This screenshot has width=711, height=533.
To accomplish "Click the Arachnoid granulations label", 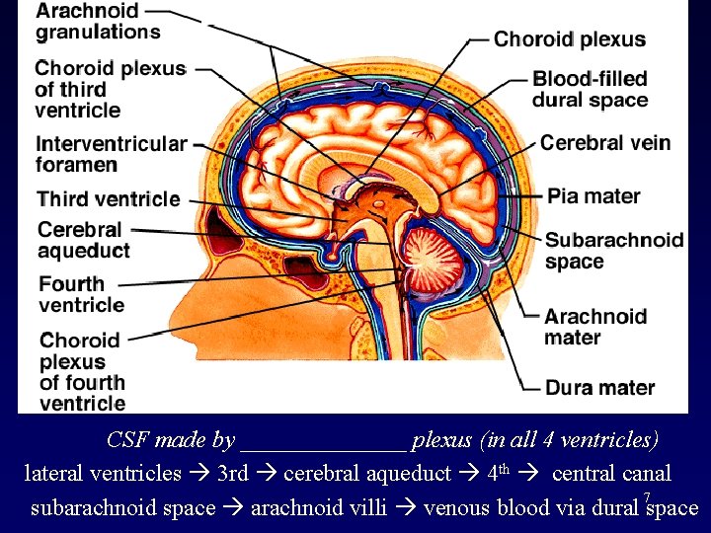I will (97, 21).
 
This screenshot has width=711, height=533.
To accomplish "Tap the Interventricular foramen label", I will (111, 153).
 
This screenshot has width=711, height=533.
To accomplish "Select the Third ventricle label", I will (109, 198).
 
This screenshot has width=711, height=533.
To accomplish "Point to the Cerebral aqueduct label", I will (83, 240).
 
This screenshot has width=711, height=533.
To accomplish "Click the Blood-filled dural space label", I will (590, 89).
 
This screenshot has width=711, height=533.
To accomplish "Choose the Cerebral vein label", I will (604, 142).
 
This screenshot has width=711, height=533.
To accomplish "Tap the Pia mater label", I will (593, 195).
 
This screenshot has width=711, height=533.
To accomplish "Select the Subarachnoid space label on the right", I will (613, 250).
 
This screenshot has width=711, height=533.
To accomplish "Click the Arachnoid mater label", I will (594, 327).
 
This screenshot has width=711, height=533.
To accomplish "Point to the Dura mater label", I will (599, 387).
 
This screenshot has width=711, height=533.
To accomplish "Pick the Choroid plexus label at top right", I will (570, 40).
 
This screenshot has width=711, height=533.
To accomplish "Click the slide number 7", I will (646, 496).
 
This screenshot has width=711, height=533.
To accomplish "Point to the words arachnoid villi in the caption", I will (318, 508).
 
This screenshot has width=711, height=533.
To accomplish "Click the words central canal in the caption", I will (611, 474).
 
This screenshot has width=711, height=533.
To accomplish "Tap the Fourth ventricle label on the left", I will (81, 294).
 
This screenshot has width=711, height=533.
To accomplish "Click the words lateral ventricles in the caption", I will (103, 474).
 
